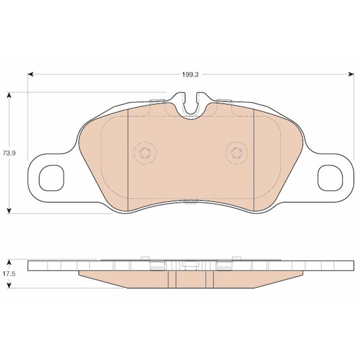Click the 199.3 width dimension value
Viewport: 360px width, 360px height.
(x=190, y=74)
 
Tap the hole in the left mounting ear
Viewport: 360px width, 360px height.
(x=50, y=178)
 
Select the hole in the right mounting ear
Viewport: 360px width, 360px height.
(x=329, y=178)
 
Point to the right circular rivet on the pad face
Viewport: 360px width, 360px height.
(x=235, y=152)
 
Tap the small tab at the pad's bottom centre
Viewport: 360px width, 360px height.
(x=190, y=202)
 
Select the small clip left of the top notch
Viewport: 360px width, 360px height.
(x=158, y=101)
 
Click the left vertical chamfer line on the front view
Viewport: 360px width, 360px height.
(x=128, y=160)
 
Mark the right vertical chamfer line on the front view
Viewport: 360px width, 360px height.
(x=254, y=160)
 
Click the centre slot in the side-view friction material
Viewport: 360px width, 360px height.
(x=190, y=279)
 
